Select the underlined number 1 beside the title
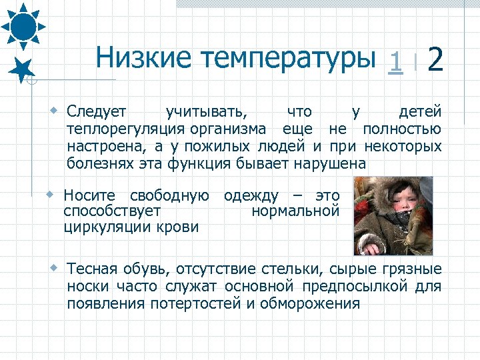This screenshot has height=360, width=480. click(x=396, y=61)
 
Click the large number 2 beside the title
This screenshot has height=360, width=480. click(x=435, y=59)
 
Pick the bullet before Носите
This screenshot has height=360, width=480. click(x=51, y=195)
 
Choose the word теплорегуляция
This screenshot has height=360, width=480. click(x=125, y=129)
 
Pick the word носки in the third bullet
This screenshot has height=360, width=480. click(x=86, y=287)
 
